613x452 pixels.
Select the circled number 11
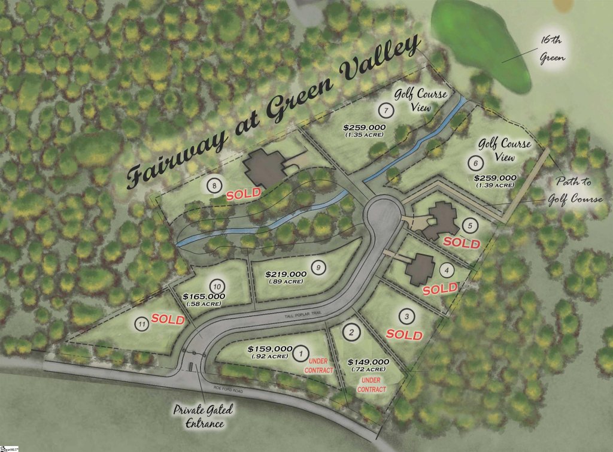pyautogui.click(x=142, y=324)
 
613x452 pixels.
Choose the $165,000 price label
pyautogui.click(x=204, y=296)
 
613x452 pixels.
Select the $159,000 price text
pyautogui.click(x=269, y=348)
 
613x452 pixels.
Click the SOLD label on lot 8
pyautogui.click(x=243, y=194)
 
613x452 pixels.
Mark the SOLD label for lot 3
pyautogui.click(x=404, y=334)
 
